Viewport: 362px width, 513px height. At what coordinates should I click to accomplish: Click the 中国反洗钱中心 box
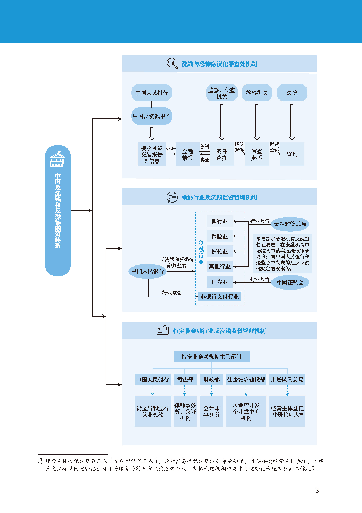click(x=151, y=116)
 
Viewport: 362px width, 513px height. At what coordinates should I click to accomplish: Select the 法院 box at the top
click(x=292, y=93)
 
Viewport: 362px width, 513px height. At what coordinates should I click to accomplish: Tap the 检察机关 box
click(x=257, y=93)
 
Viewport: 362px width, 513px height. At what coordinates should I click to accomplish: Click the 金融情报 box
click(x=188, y=154)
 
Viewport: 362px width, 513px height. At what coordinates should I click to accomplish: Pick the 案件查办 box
click(x=222, y=154)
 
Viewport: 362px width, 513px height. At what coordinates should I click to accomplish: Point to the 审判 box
click(x=292, y=154)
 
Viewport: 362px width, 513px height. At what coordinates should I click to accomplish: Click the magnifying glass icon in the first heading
click(x=172, y=63)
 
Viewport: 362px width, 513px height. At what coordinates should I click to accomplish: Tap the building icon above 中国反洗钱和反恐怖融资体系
click(x=58, y=159)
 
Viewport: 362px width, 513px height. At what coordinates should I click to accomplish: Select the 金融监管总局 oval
click(x=290, y=224)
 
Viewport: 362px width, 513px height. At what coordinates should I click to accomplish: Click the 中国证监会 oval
click(x=290, y=282)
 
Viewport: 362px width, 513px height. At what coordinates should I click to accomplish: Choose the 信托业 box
click(x=220, y=251)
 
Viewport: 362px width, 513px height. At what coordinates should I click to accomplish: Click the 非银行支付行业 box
click(x=220, y=296)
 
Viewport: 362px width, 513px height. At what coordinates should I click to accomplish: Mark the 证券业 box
click(x=220, y=282)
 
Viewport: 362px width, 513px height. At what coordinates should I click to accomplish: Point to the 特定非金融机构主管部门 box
click(x=212, y=357)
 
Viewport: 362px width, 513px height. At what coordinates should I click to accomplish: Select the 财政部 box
click(x=211, y=380)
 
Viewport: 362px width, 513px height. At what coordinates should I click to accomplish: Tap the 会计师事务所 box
click(x=211, y=411)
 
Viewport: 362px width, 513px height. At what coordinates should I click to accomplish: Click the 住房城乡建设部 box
click(x=246, y=380)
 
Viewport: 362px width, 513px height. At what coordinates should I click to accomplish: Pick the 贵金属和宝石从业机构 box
click(x=153, y=411)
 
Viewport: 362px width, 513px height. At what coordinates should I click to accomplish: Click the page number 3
click(x=317, y=490)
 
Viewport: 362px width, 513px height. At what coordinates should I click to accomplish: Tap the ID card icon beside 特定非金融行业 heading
click(x=162, y=330)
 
